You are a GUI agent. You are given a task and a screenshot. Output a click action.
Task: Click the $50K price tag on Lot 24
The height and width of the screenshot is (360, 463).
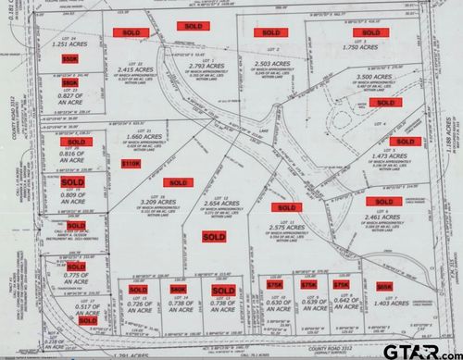[x=69, y=57]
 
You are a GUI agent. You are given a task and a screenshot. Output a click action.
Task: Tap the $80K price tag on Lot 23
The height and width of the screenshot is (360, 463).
[x=69, y=82]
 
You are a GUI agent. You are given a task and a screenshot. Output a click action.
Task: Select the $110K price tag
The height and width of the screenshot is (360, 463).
[x=131, y=163]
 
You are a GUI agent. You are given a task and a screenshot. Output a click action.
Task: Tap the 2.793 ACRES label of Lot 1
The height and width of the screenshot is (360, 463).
[x=196, y=65]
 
